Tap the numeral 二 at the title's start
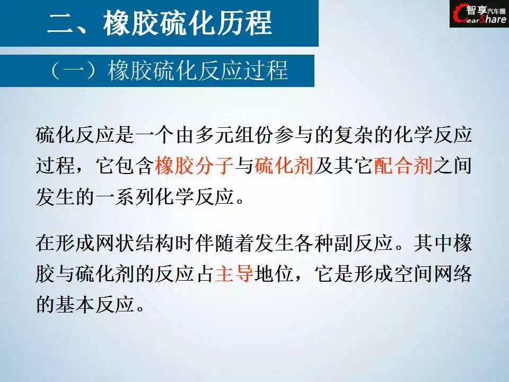(x=60, y=23)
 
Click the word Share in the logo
(x=492, y=19)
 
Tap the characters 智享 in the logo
(x=477, y=10)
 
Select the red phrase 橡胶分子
(x=194, y=165)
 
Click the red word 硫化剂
(x=284, y=165)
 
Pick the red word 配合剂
(x=403, y=165)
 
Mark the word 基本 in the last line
(x=75, y=304)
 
